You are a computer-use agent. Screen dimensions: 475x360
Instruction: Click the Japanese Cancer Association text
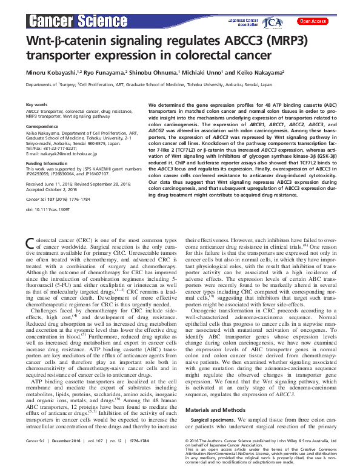(244, 22)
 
